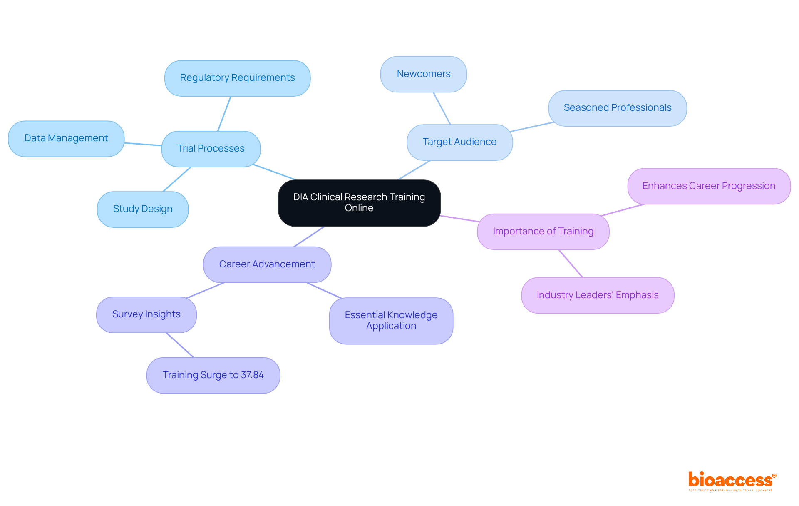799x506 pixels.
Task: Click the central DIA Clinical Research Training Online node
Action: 359,203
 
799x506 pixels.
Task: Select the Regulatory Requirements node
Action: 237,78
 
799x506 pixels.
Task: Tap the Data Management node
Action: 66,138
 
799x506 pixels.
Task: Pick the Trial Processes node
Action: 211,149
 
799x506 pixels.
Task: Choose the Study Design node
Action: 143,209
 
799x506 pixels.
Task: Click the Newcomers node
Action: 423,74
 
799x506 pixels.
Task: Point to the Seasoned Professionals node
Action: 617,108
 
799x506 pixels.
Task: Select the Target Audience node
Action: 459,142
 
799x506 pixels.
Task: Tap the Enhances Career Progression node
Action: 709,186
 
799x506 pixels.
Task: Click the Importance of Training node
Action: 543,232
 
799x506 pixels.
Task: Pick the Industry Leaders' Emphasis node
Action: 598,295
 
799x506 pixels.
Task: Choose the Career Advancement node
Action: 267,264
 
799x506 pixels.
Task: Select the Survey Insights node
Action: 146,314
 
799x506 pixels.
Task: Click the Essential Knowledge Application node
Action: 391,321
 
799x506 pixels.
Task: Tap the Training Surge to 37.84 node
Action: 213,375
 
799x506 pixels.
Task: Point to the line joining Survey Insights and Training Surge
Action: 180,345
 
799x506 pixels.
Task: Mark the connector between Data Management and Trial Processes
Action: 143,144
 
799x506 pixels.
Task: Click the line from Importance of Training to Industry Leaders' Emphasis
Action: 571,263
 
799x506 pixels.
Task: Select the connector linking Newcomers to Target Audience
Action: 442,108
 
